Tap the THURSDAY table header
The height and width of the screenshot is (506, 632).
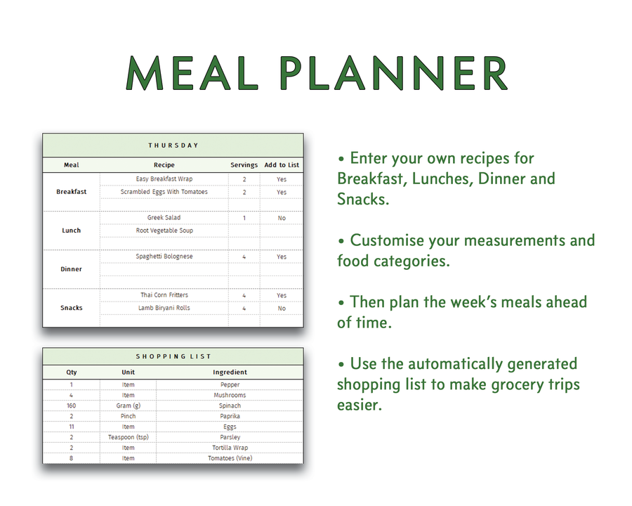(x=173, y=145)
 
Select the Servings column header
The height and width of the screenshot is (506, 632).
(x=244, y=165)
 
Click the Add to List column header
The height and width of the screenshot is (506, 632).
(x=282, y=165)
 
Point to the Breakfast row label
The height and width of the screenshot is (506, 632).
(x=72, y=192)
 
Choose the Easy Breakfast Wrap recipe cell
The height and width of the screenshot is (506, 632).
(x=164, y=179)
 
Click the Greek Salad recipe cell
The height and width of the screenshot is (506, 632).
(x=164, y=218)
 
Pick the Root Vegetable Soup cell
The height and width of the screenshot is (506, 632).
(x=164, y=231)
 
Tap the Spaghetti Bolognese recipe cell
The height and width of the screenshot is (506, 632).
(x=164, y=257)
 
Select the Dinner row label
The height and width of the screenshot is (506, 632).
(x=72, y=269)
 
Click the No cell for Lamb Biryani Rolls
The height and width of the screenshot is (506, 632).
(x=282, y=308)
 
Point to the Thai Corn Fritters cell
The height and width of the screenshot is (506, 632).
(x=164, y=295)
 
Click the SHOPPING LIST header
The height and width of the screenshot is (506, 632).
(x=173, y=357)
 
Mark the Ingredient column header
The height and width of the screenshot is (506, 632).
(x=230, y=372)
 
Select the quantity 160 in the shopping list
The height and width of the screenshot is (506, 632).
(x=72, y=406)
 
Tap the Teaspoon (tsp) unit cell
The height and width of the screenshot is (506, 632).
(x=128, y=437)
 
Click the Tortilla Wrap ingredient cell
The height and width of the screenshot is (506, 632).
(x=230, y=448)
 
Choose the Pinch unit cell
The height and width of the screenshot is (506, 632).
(x=128, y=416)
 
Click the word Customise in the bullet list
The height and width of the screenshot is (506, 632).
(x=397, y=240)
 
